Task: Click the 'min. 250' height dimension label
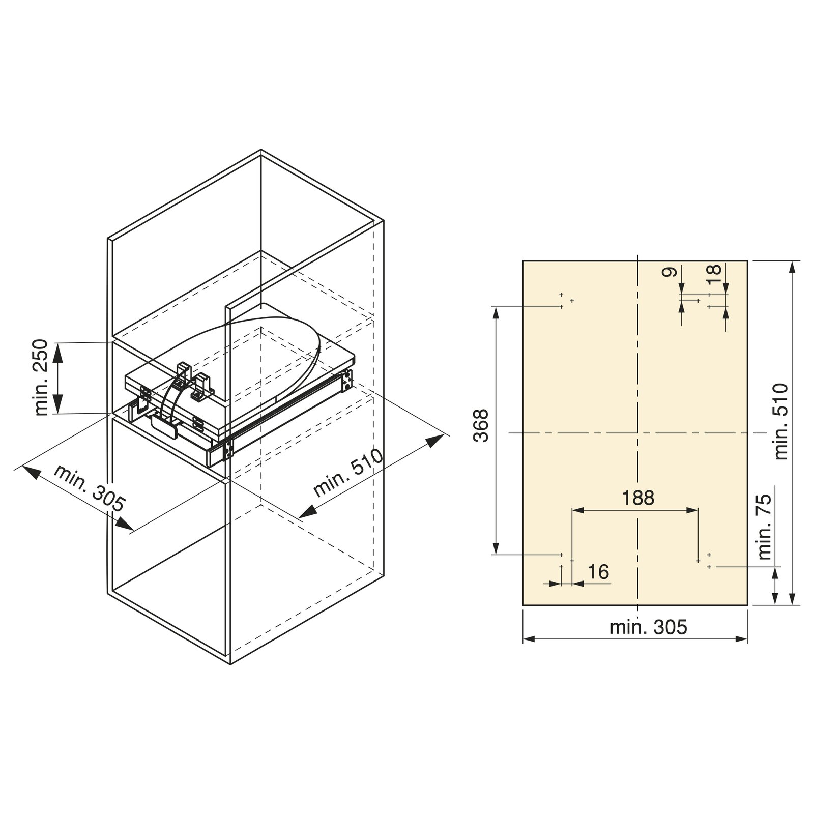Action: pos(42,377)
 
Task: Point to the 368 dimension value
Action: pos(481,425)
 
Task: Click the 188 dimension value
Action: pos(638,498)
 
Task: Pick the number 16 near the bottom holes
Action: pos(598,572)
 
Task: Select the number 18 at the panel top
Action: pos(714,270)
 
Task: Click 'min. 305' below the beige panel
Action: pos(648,627)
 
